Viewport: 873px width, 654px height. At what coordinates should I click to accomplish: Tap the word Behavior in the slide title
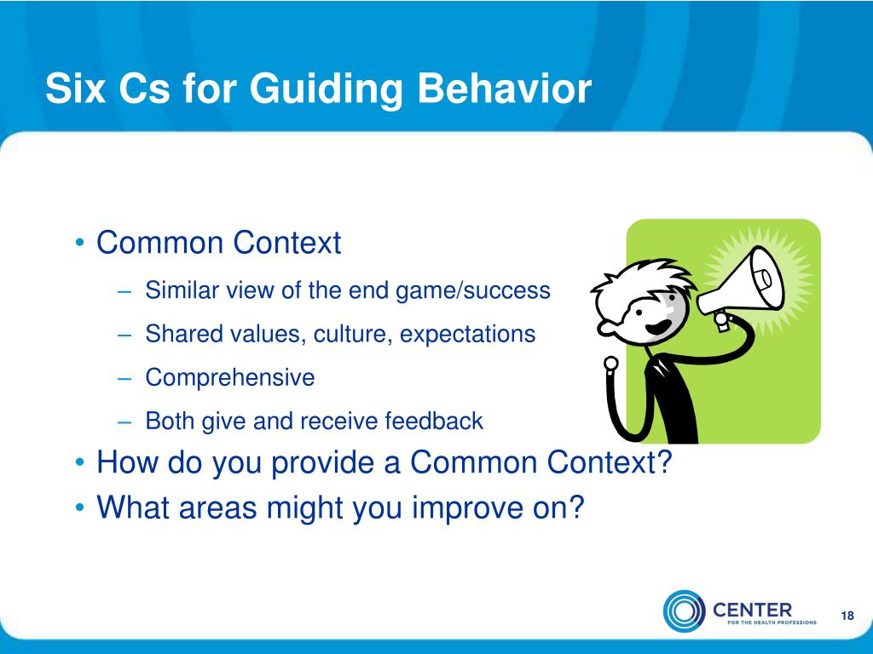[x=504, y=88]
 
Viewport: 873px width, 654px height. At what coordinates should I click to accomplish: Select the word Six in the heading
[x=75, y=88]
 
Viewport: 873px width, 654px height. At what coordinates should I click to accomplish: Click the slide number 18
[x=847, y=616]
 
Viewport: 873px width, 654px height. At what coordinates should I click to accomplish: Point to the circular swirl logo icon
[x=684, y=611]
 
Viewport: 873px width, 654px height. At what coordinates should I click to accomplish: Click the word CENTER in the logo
[x=752, y=610]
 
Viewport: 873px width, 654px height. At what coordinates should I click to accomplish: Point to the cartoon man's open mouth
[x=659, y=326]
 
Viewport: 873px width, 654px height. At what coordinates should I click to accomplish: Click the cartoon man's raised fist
[x=611, y=364]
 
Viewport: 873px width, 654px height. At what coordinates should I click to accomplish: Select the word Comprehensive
[x=230, y=378]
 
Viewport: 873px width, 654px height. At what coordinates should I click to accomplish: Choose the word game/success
[x=472, y=291]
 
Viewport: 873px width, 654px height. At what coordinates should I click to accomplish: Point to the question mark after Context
[x=665, y=462]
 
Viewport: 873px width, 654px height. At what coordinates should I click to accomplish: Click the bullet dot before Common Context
[x=80, y=243]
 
